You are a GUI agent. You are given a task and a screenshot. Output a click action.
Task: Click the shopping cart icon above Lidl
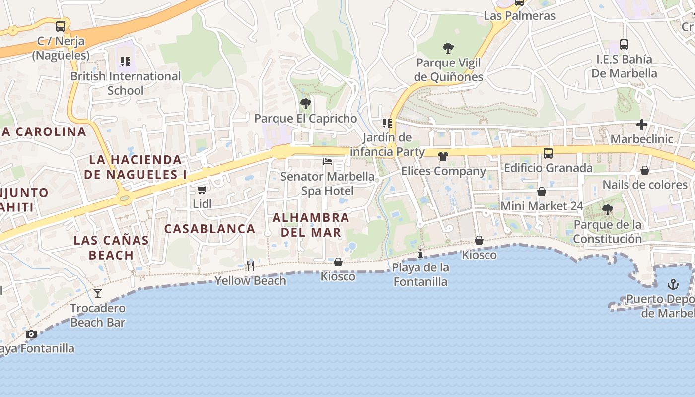click(x=202, y=190)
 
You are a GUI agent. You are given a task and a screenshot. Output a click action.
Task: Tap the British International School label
click(x=126, y=83)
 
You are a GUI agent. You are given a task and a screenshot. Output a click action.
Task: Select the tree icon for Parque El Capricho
click(x=306, y=104)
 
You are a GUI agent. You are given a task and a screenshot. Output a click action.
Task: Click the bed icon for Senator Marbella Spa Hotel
click(x=328, y=162)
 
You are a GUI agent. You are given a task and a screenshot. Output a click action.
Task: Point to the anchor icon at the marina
click(x=673, y=284)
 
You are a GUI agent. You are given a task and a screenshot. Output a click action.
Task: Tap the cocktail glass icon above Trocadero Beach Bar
click(x=98, y=293)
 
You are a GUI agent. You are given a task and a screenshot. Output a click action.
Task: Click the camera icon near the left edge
click(x=31, y=334)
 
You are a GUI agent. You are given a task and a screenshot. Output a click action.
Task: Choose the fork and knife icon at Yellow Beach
click(x=251, y=266)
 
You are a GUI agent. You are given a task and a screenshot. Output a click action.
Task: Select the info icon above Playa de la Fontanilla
click(x=420, y=254)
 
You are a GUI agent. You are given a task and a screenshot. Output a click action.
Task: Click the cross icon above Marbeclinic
click(x=642, y=125)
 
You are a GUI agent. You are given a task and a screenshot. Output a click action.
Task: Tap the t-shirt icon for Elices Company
click(x=443, y=156)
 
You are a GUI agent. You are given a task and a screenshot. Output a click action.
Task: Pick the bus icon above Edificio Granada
click(x=548, y=153)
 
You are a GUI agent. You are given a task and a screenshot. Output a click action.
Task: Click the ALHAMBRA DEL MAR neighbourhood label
click(x=311, y=225)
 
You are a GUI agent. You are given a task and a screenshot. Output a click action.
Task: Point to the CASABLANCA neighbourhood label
click(x=209, y=229)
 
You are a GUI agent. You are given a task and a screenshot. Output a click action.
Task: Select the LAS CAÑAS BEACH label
click(x=111, y=248)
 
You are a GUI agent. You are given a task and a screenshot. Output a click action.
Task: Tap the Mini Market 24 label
click(x=542, y=206)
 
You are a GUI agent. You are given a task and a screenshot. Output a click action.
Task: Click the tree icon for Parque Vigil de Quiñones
click(x=448, y=48)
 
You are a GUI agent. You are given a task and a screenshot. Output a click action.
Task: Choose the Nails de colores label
click(x=645, y=185)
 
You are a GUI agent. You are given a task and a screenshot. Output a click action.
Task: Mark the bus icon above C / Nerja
click(x=61, y=26)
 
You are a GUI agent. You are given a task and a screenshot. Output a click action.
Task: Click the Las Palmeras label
click(x=519, y=16)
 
